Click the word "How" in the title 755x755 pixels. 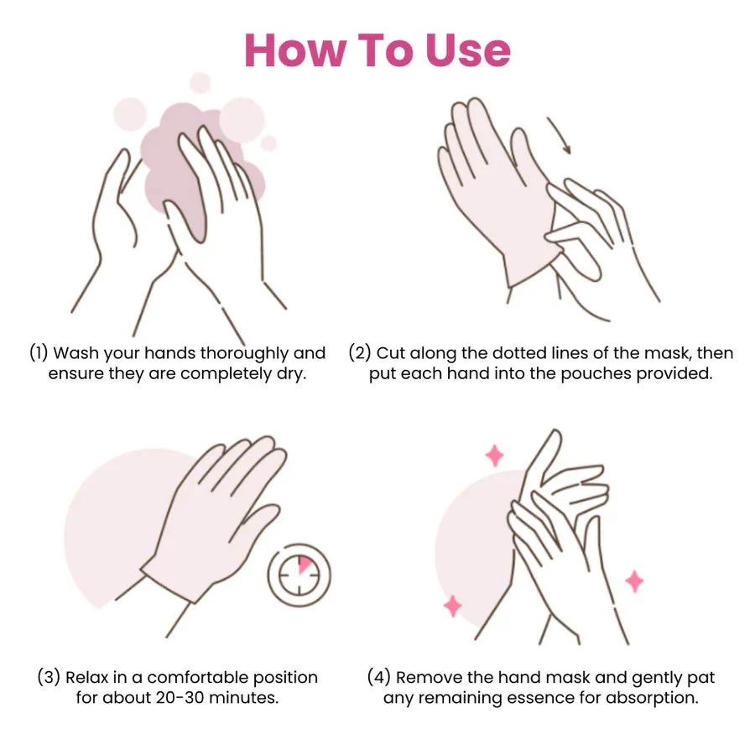coord(295,50)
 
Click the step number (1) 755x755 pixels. coord(39,352)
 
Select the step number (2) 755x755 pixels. coord(359,352)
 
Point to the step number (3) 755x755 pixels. coord(49,676)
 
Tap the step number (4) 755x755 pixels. coord(379,676)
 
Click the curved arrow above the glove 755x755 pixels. coord(560,135)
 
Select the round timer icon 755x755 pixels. coord(299,575)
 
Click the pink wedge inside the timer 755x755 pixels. coord(305,565)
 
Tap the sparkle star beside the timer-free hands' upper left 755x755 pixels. coord(494,456)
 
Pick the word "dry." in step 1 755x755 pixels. coord(291,375)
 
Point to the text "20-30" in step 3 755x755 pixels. coord(180,697)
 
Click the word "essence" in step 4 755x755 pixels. coord(539,698)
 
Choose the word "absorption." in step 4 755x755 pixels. coord(652,698)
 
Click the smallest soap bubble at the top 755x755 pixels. coord(268,143)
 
